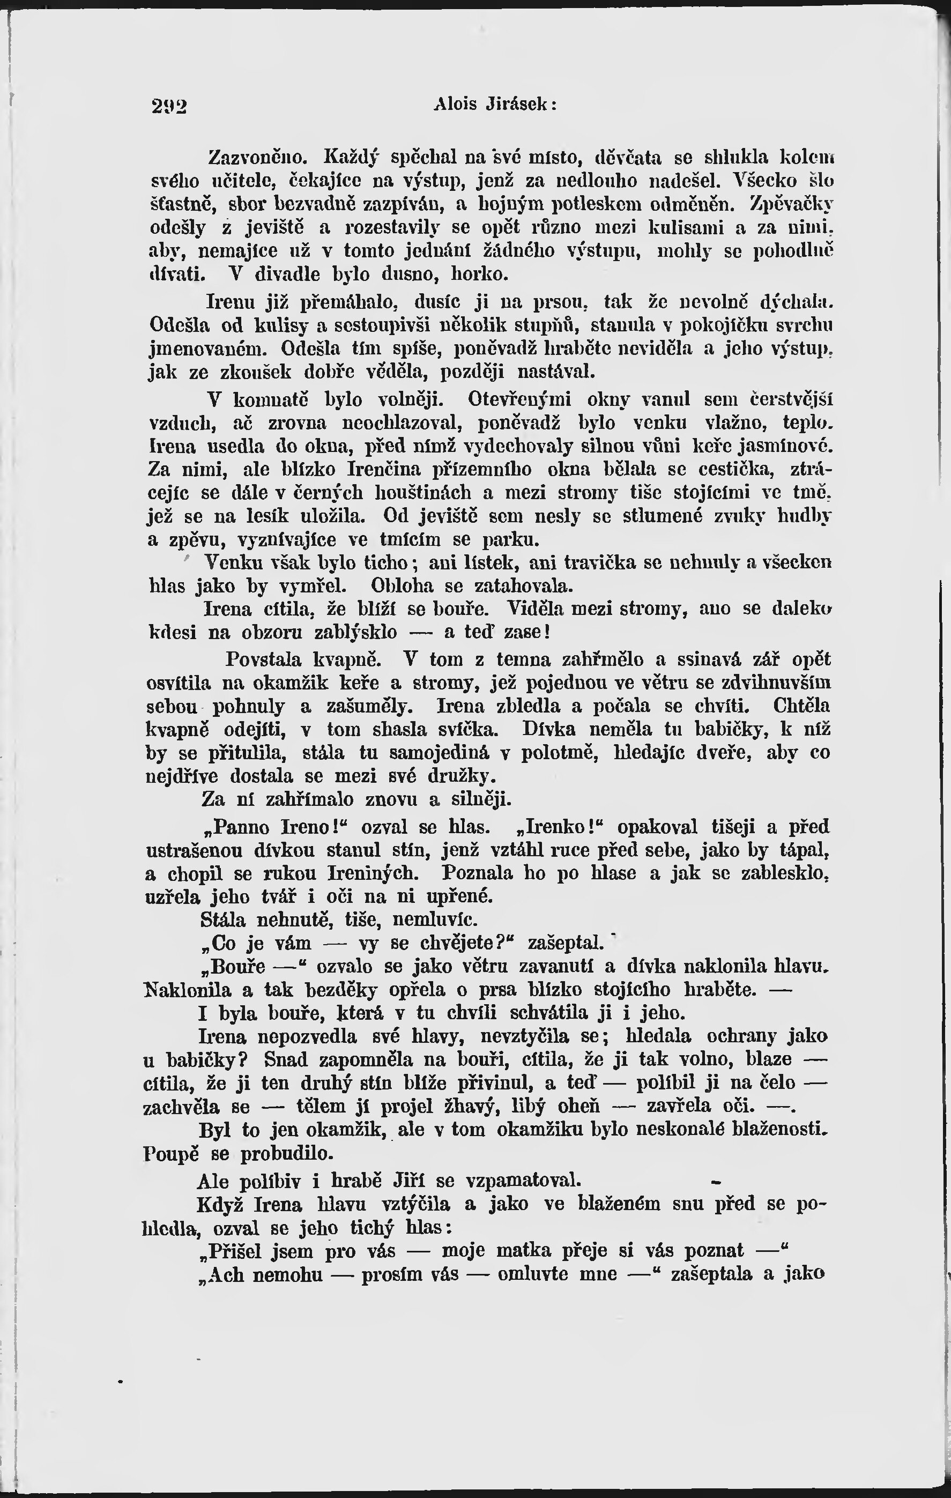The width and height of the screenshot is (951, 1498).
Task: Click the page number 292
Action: pos(169,106)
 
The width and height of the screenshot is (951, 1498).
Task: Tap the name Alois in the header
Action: pos(455,104)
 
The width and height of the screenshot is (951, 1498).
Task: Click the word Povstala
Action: pos(264,659)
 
